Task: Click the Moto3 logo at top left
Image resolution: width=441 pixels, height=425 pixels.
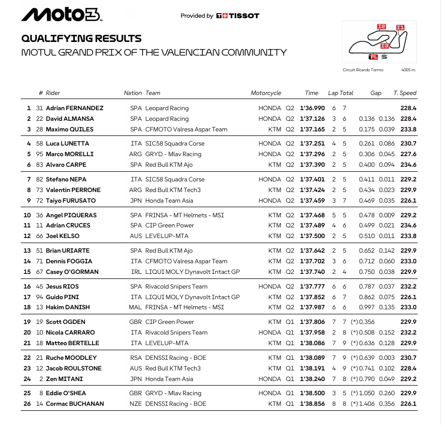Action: click(x=62, y=15)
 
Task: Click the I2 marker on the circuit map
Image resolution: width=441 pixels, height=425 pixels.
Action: click(x=381, y=26)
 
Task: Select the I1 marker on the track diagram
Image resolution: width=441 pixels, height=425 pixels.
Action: click(x=400, y=28)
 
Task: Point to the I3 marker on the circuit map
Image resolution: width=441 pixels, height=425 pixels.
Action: click(x=384, y=46)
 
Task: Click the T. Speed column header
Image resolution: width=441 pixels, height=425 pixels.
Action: click(x=405, y=93)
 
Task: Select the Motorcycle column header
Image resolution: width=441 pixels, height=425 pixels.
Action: click(x=266, y=93)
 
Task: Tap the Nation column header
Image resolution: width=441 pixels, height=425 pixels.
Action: click(x=133, y=93)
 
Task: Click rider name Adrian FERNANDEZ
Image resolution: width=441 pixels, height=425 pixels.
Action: click(x=74, y=108)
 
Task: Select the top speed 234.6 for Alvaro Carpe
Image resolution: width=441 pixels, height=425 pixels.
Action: click(x=408, y=165)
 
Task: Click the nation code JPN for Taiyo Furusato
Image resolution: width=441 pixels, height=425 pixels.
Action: click(x=136, y=201)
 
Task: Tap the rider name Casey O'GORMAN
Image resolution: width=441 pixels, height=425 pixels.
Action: click(x=72, y=272)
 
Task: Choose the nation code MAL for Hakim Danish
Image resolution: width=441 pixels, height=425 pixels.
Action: click(x=136, y=307)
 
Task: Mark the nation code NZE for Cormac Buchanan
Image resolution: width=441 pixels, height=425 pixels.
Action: click(x=136, y=404)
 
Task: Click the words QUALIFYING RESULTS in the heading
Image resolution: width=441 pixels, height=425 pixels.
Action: click(x=81, y=38)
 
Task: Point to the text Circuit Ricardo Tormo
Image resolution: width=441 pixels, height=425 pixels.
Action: click(x=363, y=70)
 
